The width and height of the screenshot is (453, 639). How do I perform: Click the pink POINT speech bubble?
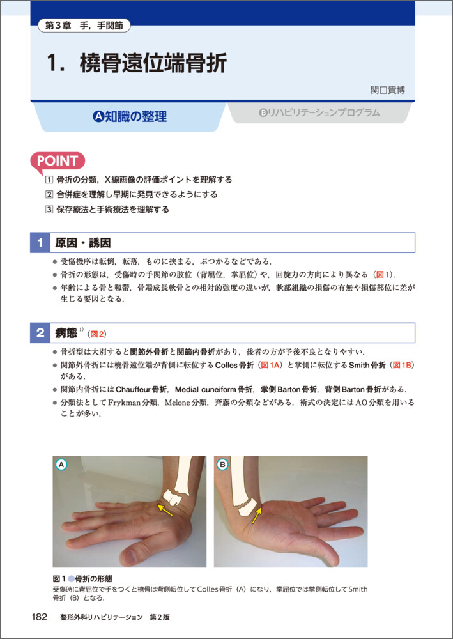(58, 162)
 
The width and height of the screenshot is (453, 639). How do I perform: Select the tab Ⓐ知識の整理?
(130, 116)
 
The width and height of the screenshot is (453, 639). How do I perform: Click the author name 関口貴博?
(387, 90)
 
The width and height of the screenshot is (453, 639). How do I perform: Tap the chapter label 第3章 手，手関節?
(85, 27)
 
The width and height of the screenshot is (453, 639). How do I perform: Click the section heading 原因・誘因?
(83, 243)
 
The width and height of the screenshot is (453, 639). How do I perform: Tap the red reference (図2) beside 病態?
(97, 334)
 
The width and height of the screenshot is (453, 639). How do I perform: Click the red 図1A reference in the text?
(269, 365)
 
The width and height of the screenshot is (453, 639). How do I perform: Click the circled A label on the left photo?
(61, 464)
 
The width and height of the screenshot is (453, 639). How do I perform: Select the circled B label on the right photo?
(223, 464)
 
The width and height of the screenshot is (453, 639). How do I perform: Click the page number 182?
(40, 617)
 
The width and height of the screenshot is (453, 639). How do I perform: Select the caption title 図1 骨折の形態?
(83, 578)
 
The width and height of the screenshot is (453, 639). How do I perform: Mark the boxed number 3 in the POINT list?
(49, 210)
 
